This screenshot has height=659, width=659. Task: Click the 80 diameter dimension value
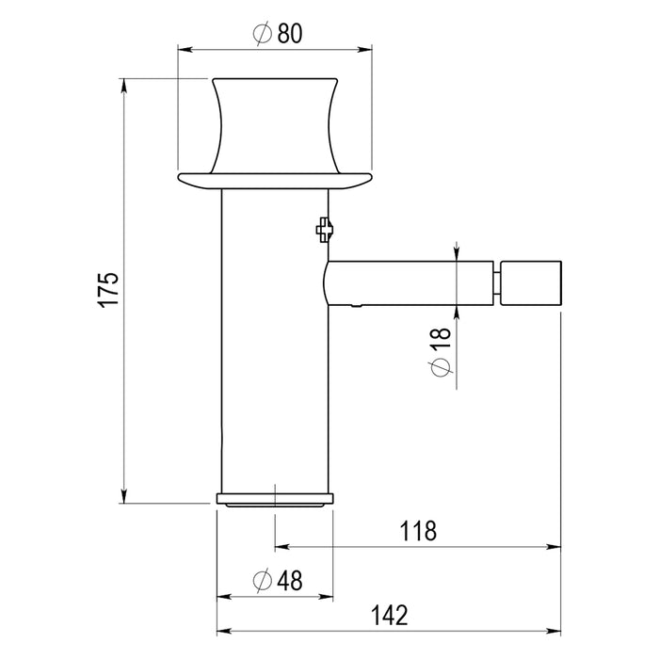pos(290,34)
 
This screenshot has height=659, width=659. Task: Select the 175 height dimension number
pos(109,290)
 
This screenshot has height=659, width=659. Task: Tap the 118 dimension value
pos(418,531)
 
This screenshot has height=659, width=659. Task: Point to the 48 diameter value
pos(290,581)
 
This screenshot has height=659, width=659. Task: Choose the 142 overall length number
pos(389,616)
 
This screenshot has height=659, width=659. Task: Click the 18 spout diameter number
pos(441,337)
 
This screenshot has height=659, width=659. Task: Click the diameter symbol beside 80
pos(263,34)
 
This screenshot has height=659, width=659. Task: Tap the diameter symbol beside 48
pos(263,581)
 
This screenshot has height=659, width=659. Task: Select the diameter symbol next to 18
pos(442,368)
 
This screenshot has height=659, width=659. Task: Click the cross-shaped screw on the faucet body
pos(325,230)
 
